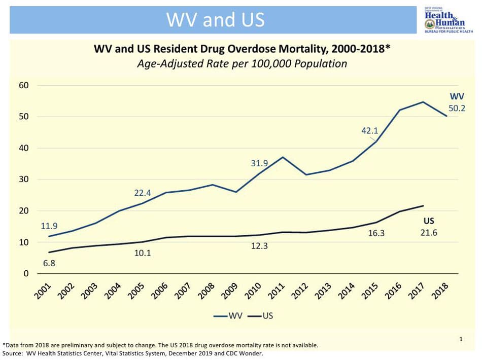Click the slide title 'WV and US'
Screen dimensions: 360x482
point(216,19)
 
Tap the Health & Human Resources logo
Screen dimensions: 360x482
point(444,20)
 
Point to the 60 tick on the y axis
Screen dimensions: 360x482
point(24,85)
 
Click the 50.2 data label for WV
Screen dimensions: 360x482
point(457,107)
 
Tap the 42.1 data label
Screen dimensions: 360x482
point(370,130)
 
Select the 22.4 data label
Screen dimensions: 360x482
point(143,193)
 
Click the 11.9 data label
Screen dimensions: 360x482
point(50,226)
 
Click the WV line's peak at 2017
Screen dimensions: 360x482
point(423,102)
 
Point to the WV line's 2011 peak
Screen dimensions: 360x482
point(283,157)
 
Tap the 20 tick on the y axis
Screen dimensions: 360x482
point(24,211)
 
